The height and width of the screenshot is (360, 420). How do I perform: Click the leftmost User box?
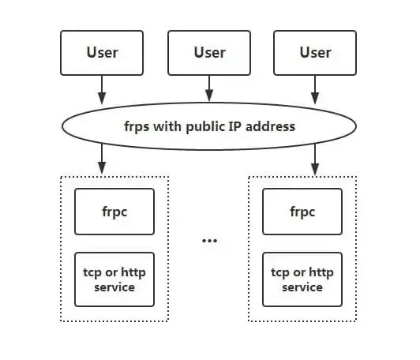[102, 53]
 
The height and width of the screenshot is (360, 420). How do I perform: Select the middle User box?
[209, 53]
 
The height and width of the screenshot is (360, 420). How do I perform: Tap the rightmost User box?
[315, 53]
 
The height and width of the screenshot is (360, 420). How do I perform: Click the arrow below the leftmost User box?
[102, 89]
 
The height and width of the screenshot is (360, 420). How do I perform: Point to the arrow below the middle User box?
[209, 88]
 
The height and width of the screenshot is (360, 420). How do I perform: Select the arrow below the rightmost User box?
[315, 89]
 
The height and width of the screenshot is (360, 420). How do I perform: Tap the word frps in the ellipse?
[137, 126]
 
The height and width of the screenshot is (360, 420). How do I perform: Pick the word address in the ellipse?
[271, 126]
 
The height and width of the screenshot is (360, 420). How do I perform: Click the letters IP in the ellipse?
[235, 126]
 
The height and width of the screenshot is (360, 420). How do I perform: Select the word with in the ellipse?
[167, 126]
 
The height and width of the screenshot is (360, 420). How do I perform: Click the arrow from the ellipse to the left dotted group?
[102, 159]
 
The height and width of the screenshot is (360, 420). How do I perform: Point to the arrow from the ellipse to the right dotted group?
[315, 159]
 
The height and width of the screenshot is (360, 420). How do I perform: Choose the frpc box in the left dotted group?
[114, 212]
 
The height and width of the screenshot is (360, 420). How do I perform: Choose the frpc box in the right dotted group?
[302, 212]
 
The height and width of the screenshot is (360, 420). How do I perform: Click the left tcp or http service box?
[114, 279]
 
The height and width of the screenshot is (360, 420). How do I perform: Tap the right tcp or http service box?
[302, 279]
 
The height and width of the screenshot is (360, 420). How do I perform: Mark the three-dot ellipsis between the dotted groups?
[209, 241]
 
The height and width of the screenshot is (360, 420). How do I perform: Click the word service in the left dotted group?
[114, 287]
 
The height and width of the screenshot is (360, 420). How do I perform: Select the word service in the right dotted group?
[302, 287]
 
